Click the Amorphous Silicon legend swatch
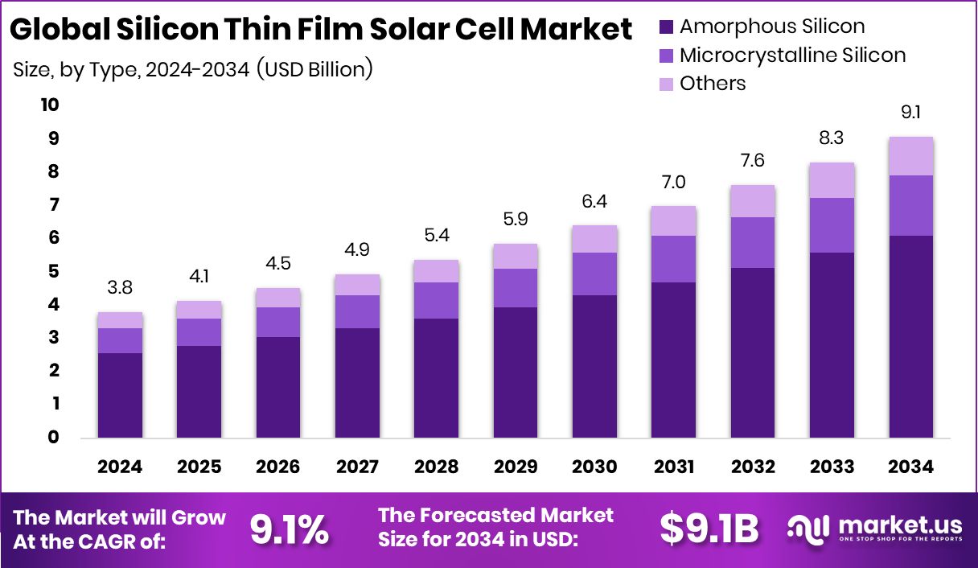click(x=664, y=27)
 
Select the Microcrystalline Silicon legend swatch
click(x=664, y=56)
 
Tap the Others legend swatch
click(x=664, y=84)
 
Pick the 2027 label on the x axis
click(x=357, y=467)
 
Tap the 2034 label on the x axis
click(x=911, y=467)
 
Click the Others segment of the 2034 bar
click(x=911, y=156)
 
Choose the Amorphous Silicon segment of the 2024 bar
click(x=120, y=395)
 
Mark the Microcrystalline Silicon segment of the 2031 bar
click(x=673, y=259)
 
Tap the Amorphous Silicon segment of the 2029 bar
click(x=516, y=372)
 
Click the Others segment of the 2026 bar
click(x=278, y=298)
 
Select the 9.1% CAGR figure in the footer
click(x=288, y=529)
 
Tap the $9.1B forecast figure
click(x=709, y=529)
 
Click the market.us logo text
click(x=898, y=525)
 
